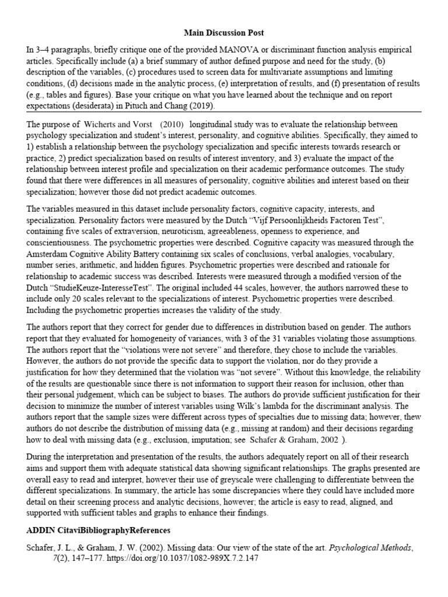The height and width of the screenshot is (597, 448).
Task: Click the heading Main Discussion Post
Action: (223, 33)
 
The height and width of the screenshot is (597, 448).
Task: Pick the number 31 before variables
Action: (260, 339)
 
